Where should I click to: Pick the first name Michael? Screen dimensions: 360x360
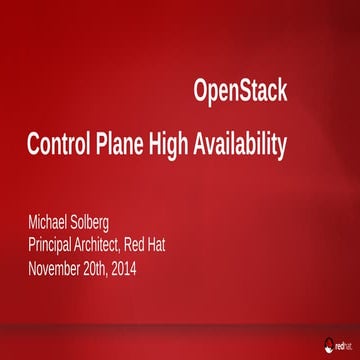coord(55,218)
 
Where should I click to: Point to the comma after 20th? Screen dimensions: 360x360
coord(133,273)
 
